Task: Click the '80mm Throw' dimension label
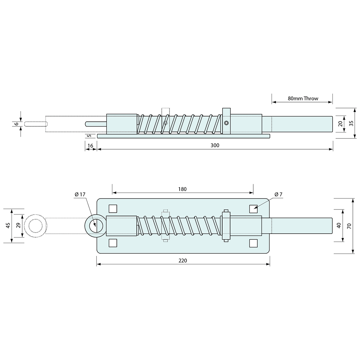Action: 303,98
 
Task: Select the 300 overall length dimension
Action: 215,145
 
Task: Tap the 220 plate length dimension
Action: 183,261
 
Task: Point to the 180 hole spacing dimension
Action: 182,189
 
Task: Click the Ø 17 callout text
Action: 80,194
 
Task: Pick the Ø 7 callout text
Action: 279,194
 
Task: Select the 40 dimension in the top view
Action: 339,225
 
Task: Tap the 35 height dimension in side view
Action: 351,123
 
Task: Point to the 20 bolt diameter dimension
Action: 340,124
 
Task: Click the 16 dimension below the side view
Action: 91,145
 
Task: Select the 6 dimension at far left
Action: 16,124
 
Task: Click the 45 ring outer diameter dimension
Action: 8,225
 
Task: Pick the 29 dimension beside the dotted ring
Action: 18,225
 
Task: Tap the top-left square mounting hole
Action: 113,208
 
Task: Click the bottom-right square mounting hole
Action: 253,243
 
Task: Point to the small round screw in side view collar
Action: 226,123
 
